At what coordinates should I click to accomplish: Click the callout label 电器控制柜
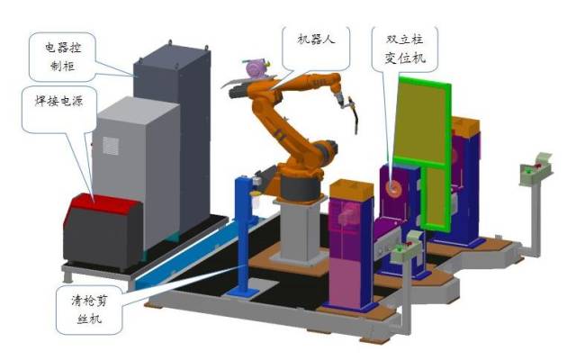tap(62, 57)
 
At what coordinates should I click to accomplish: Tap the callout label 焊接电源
tap(58, 100)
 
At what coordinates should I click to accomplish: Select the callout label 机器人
tap(316, 39)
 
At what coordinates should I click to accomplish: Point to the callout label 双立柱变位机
tap(405, 49)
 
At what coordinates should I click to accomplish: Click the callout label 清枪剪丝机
tap(89, 310)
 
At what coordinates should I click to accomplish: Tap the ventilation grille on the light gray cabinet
tap(111, 146)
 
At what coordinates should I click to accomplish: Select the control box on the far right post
tap(535, 170)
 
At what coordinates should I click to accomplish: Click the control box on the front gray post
tap(406, 247)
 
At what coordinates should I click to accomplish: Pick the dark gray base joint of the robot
tap(301, 188)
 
